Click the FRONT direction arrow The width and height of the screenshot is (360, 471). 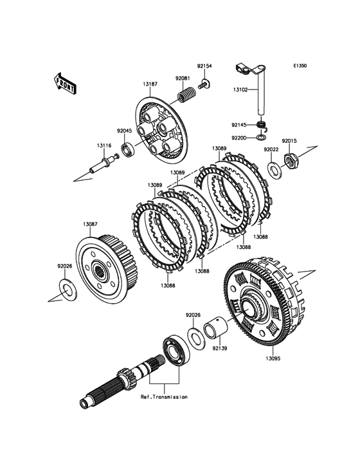[65, 83]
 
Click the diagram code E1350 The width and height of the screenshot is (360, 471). [300, 66]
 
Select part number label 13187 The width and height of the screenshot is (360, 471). [150, 84]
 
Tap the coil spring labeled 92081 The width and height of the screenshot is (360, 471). [186, 91]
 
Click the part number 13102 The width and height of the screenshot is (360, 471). [240, 89]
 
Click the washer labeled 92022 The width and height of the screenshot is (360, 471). [274, 170]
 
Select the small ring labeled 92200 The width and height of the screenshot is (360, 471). [261, 138]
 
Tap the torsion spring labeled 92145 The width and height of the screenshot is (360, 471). [263, 125]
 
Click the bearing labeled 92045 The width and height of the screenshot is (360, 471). [128, 149]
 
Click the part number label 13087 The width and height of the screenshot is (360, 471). [90, 224]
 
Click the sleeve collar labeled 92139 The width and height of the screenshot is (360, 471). [216, 329]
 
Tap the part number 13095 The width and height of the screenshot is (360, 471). [273, 358]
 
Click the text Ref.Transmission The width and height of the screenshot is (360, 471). [164, 397]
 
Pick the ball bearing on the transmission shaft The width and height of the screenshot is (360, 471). [175, 351]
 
